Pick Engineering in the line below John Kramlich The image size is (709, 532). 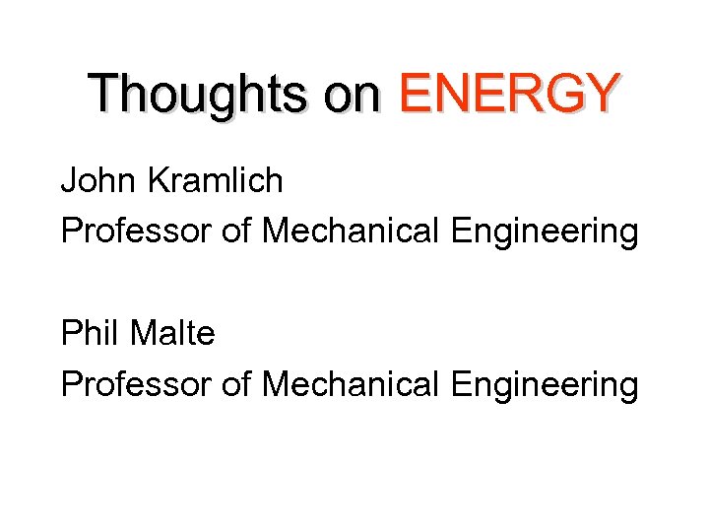[545, 233]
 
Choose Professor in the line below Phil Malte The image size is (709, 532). [136, 384]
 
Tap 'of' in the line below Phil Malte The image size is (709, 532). [236, 384]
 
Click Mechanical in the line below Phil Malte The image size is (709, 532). [352, 384]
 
